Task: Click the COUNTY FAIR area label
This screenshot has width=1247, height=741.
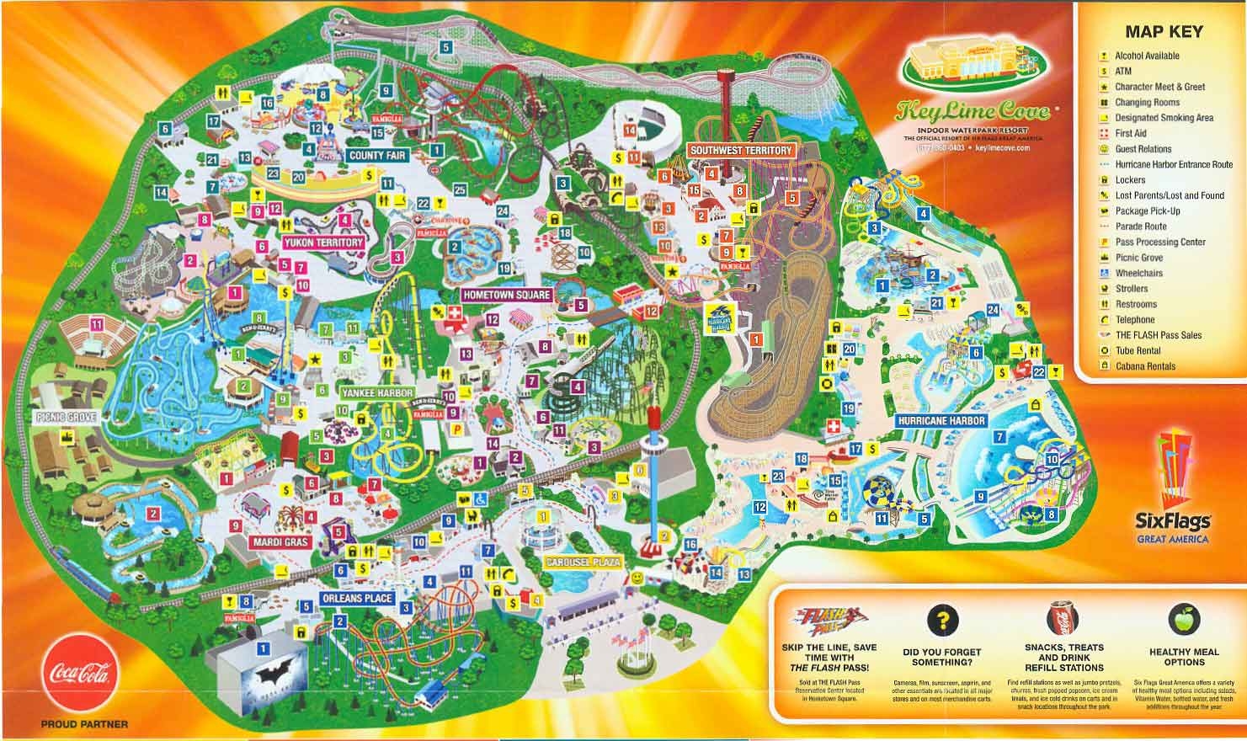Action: pyautogui.click(x=377, y=156)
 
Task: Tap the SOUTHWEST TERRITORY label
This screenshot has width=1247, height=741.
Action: pyautogui.click(x=741, y=151)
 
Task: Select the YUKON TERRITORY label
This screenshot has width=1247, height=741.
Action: pyautogui.click(x=323, y=243)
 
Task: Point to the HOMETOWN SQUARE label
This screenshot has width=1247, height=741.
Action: pyautogui.click(x=506, y=296)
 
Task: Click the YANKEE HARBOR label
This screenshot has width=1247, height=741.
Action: pyautogui.click(x=377, y=393)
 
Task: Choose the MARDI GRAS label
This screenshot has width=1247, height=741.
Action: pyautogui.click(x=281, y=542)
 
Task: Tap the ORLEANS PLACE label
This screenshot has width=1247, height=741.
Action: pyautogui.click(x=357, y=599)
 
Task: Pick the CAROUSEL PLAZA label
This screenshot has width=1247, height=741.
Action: pyautogui.click(x=583, y=562)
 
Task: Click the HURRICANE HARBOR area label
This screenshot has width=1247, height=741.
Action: pyautogui.click(x=941, y=420)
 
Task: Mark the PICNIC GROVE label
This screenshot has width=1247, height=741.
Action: pyautogui.click(x=67, y=417)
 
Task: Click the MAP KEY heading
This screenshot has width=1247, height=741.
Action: pyautogui.click(x=1164, y=32)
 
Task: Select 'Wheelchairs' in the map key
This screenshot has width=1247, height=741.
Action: pyautogui.click(x=1138, y=273)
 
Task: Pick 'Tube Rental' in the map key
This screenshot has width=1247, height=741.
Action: pyautogui.click(x=1138, y=350)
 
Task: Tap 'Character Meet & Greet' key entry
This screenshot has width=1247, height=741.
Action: pyautogui.click(x=1159, y=87)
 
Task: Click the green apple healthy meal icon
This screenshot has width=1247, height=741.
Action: pyautogui.click(x=1183, y=621)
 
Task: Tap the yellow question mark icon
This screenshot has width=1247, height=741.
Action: pyautogui.click(x=942, y=621)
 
